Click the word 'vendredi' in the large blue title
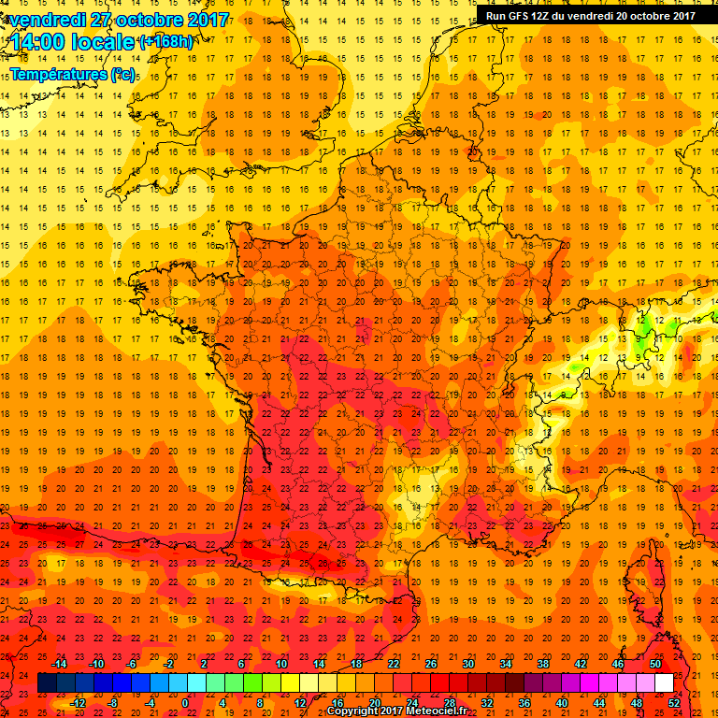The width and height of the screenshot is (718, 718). click(x=49, y=19)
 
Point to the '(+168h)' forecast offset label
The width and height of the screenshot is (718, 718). click(x=167, y=42)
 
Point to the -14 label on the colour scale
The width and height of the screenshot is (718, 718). click(x=59, y=664)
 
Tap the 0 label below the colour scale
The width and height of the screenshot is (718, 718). click(x=185, y=703)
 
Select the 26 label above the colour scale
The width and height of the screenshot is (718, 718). click(x=431, y=664)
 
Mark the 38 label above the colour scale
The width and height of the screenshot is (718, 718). click(x=542, y=664)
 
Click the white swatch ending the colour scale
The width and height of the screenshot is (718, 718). click(x=664, y=683)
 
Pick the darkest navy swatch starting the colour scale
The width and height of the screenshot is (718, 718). click(x=47, y=683)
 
